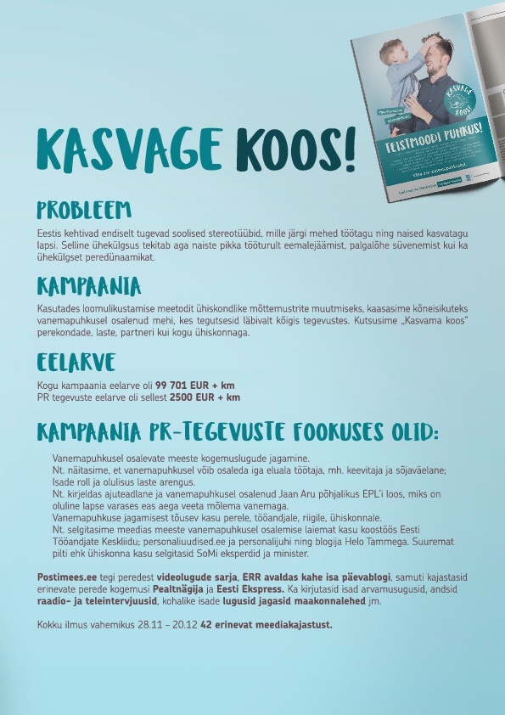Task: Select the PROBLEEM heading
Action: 83,209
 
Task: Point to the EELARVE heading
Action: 75,363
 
